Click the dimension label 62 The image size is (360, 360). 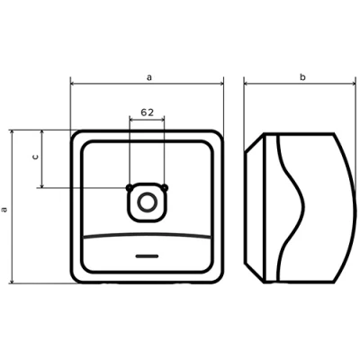(148, 112)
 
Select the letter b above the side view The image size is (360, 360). (302, 78)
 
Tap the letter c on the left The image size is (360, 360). (34, 157)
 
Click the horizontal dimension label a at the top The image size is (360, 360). (148, 78)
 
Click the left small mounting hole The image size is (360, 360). (130, 187)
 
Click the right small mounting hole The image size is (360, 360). (166, 187)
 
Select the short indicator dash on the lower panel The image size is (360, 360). (148, 256)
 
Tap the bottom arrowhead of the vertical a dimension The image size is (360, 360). (12, 282)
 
